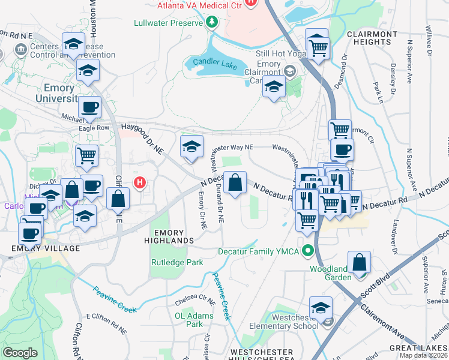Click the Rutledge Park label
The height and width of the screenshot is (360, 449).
[176, 262]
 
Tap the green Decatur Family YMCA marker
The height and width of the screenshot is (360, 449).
[309, 251]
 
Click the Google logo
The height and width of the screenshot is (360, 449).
[20, 353]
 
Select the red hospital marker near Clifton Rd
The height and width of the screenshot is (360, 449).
[140, 182]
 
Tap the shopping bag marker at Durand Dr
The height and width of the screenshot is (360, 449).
[235, 182]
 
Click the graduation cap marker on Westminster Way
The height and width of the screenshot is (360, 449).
[191, 146]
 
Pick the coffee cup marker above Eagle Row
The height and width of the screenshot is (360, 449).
[89, 107]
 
